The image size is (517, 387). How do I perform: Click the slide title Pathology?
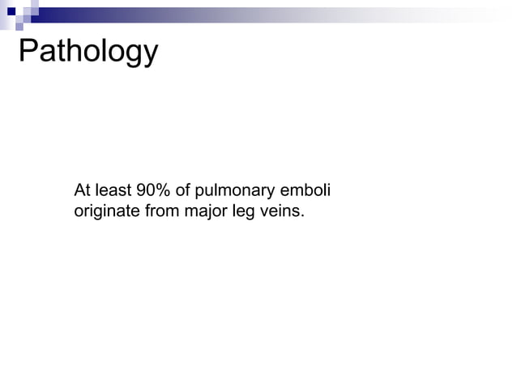click(88, 53)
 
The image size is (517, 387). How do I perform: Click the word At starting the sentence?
click(82, 192)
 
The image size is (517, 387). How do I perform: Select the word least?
click(112, 192)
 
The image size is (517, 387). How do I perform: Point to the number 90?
click(146, 192)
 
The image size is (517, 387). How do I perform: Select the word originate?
click(103, 213)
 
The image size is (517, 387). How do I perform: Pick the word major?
click(192, 213)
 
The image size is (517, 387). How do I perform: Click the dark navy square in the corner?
click(11, 11)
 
